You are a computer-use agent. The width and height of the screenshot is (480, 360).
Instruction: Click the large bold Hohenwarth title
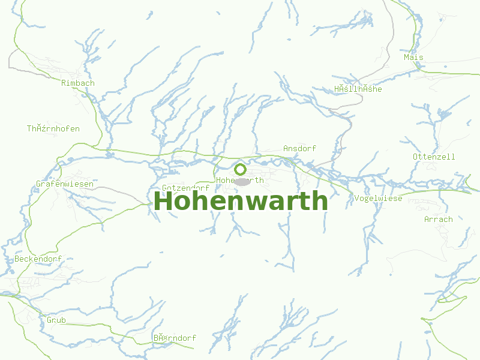241,202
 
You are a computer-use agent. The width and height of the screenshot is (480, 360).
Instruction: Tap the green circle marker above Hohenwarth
240,169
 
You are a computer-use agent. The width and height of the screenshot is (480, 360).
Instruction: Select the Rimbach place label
78,83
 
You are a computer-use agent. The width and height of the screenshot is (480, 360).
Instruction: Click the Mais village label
413,57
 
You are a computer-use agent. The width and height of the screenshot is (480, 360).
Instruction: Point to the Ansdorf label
299,148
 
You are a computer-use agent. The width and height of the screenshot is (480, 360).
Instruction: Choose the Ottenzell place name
434,157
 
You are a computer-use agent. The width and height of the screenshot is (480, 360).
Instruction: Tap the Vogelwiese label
378,199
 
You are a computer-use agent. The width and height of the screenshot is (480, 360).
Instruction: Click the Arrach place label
438,219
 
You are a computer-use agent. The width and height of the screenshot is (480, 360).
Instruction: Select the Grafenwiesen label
65,184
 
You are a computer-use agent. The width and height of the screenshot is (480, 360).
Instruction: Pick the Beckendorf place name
38,259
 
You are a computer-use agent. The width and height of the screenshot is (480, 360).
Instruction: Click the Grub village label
56,320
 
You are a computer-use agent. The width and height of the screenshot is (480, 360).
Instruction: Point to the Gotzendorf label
185,188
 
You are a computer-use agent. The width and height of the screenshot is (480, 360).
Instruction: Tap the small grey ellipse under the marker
242,181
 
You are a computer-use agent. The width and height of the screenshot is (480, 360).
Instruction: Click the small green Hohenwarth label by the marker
239,180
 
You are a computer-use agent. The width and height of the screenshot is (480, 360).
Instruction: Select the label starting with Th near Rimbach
53,128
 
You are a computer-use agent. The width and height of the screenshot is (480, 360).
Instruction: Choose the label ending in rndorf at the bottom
175,338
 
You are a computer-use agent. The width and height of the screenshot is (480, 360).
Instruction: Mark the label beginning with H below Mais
358,89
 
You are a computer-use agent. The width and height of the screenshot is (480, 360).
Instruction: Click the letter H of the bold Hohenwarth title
163,202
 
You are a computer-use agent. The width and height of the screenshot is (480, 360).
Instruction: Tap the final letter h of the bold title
320,202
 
